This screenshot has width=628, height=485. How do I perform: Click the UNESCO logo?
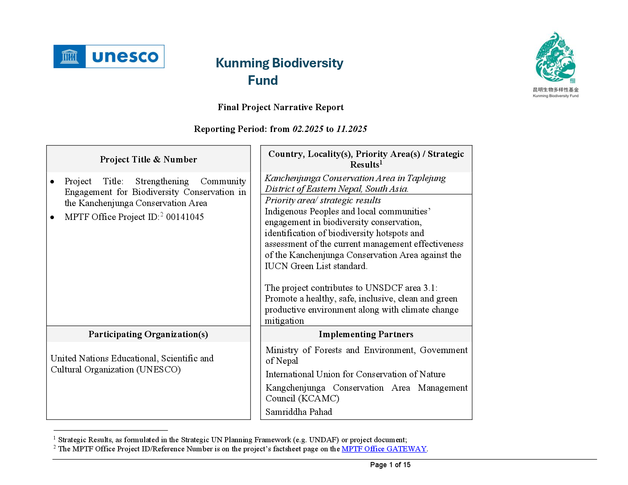(109, 56)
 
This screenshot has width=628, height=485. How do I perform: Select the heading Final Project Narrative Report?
(281, 107)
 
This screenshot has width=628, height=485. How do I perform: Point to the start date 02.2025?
(308, 129)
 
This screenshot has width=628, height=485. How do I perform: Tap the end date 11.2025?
(352, 129)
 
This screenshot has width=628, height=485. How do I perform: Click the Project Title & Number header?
(148, 159)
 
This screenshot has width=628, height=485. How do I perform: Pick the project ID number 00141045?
(185, 217)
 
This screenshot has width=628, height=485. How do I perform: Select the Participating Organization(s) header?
(148, 334)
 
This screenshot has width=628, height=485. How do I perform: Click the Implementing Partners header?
(366, 334)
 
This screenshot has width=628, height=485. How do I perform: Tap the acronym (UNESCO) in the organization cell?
(158, 369)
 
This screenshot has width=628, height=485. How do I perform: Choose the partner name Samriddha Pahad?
(299, 412)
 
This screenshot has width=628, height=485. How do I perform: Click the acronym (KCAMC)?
(319, 398)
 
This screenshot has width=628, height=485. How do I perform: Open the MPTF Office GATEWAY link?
(384, 449)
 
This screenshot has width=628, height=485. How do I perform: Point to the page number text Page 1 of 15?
(390, 465)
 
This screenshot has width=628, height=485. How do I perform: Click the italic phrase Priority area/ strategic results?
(323, 200)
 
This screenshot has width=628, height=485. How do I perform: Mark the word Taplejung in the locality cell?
(426, 178)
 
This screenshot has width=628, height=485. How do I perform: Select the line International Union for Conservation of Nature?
(356, 374)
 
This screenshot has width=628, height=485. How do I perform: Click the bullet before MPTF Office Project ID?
(52, 218)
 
